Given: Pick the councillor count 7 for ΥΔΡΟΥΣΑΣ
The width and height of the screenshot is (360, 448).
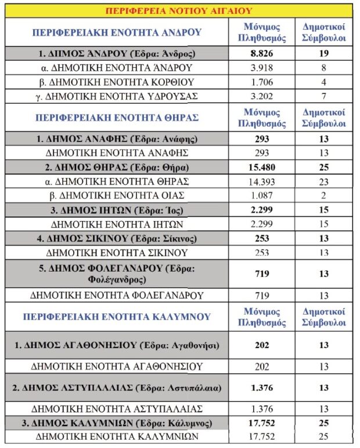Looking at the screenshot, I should point(325,96).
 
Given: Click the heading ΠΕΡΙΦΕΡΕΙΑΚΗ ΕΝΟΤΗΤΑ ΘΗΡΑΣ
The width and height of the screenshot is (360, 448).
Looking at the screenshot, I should point(117,117).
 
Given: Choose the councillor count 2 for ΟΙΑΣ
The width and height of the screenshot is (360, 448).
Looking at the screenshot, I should point(325,196).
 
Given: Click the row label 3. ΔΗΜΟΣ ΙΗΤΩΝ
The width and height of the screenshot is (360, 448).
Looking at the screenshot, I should point(121,210).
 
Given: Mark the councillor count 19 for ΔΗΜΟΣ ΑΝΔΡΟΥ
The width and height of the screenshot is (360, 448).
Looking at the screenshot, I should point(325,53).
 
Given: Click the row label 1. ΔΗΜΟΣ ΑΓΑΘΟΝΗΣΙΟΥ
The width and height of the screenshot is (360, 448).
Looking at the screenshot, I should point(121,345).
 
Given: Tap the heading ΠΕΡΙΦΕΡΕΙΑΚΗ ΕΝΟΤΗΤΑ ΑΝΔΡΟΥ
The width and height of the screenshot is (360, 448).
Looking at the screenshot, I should point(118,32).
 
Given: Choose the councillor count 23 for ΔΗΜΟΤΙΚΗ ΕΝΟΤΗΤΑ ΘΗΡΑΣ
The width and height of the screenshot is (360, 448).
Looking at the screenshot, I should point(325,182).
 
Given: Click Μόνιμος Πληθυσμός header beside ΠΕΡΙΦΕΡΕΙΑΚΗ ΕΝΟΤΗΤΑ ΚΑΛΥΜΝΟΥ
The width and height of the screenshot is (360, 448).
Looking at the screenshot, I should point(261,317).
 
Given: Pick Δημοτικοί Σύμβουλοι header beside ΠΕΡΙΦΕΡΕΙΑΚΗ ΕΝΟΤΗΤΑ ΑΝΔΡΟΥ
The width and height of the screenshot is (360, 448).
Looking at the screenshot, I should point(325,32).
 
